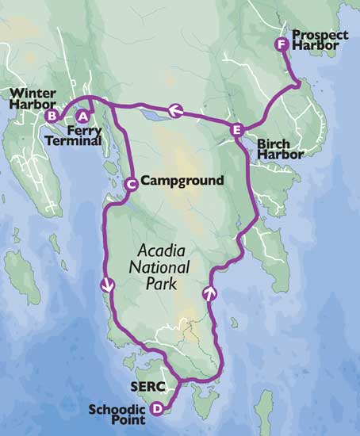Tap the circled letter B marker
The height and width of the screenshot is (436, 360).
pyautogui.click(x=52, y=116)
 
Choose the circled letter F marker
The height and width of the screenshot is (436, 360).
pyautogui.click(x=280, y=44)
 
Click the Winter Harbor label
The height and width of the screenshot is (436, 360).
pyautogui.click(x=33, y=98)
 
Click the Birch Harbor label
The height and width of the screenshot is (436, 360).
pyautogui.click(x=280, y=149)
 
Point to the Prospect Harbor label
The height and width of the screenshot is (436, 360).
pyautogui.click(x=315, y=40)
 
